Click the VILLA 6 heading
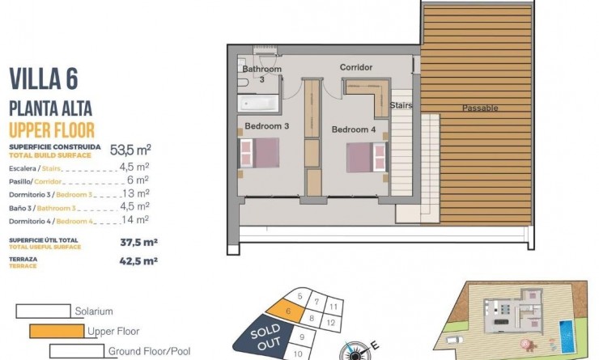[48, 78]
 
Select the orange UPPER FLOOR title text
[52, 129]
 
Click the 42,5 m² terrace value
[138, 260]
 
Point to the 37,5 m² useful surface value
[138, 241]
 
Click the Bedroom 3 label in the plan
[266, 126]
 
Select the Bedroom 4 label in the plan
[354, 129]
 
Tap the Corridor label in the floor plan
[355, 67]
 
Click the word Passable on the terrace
[480, 108]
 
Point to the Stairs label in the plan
[401, 105]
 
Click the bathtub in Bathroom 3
[257, 104]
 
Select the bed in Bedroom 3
[259, 153]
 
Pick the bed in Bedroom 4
[365, 157]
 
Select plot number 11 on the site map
[333, 307]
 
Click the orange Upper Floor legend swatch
[57, 331]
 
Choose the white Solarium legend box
[43, 311]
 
